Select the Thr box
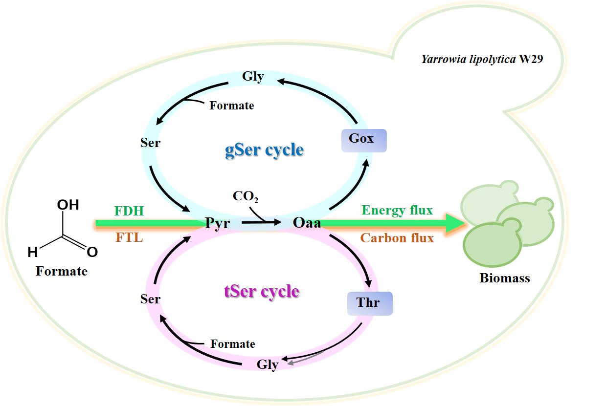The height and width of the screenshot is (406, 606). click(370, 303)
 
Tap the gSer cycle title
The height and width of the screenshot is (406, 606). click(265, 150)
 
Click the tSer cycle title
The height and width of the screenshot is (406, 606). click(262, 292)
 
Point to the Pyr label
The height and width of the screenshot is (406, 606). click(217, 223)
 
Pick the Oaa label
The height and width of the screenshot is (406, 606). click(307, 223)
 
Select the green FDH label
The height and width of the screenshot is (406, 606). click(129, 211)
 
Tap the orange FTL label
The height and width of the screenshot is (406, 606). click(130, 238)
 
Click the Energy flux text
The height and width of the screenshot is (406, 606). click(397, 211)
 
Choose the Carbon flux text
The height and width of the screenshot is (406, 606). click(397, 238)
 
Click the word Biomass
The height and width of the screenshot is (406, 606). click(505, 278)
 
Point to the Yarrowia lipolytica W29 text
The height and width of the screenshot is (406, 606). click(482, 60)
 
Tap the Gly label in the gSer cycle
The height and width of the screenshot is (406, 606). click(253, 77)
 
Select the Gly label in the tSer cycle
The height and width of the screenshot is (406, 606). click(268, 364)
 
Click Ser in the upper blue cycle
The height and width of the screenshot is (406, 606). click(150, 143)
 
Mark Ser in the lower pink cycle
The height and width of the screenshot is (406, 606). click(150, 299)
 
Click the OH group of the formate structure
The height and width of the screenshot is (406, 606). click(68, 205)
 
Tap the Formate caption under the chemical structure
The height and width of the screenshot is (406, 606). click(62, 271)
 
